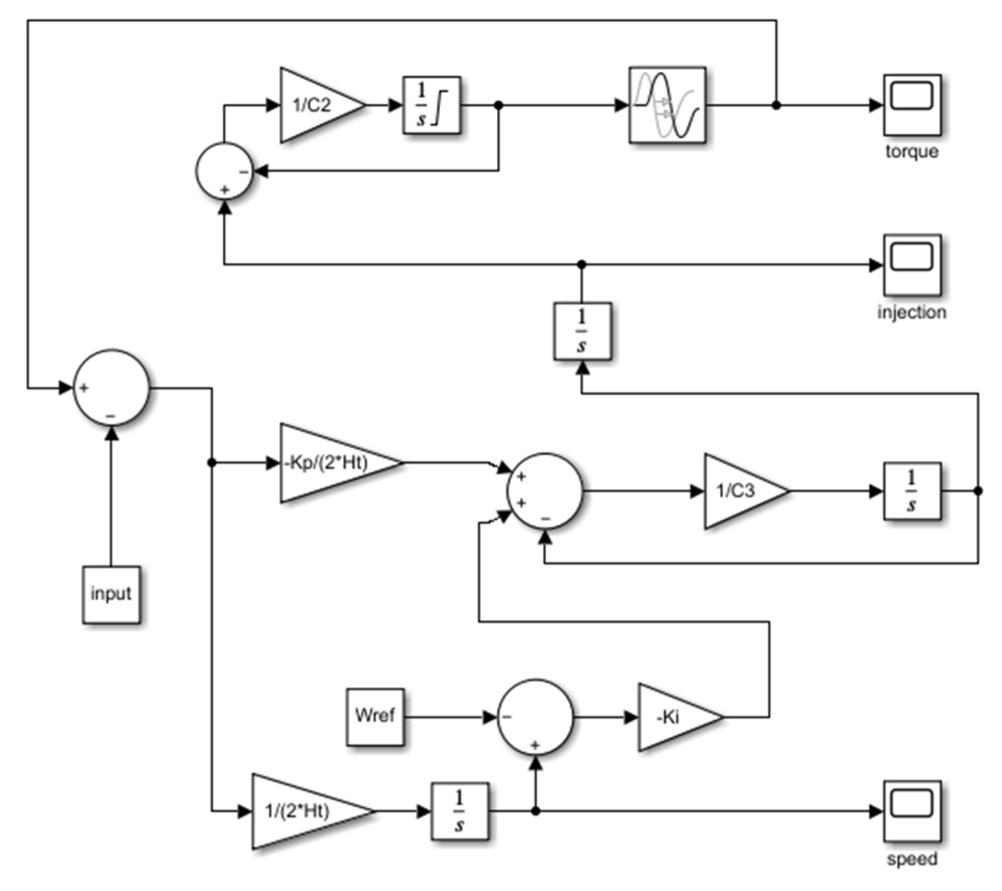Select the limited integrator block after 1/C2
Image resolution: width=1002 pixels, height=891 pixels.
(432, 105)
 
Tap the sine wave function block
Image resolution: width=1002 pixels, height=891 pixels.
(667, 105)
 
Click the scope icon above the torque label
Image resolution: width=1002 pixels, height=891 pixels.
(912, 105)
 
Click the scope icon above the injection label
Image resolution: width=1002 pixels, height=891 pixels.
(912, 265)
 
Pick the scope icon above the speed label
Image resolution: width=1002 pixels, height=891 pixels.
(912, 811)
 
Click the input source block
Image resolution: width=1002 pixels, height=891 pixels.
(111, 594)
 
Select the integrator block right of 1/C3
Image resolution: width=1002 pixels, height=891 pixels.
(912, 491)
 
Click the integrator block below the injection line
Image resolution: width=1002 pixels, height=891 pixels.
(582, 331)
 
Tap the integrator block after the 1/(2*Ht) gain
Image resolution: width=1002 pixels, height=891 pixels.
(460, 811)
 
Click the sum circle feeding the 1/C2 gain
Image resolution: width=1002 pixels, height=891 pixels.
(224, 171)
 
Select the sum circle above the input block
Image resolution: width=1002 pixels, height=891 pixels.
(111, 388)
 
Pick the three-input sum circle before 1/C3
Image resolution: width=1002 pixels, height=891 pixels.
(544, 491)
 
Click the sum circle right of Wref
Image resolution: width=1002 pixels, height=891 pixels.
(536, 717)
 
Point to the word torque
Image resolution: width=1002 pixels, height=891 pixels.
(912, 151)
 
